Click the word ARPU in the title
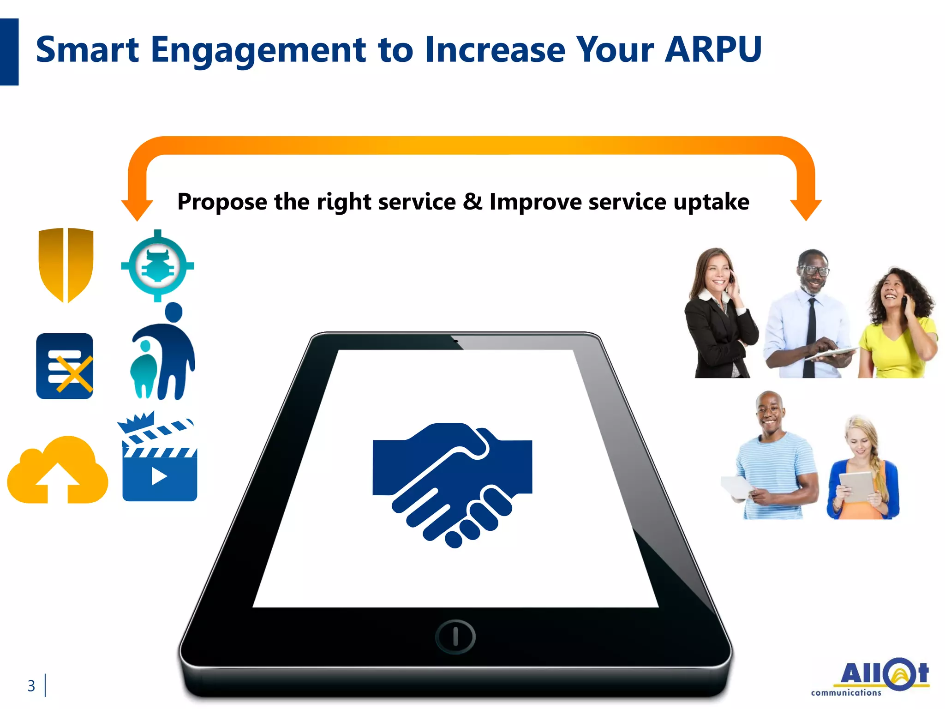(x=713, y=50)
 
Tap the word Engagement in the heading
(x=258, y=51)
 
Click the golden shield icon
(x=66, y=264)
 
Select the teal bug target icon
(x=157, y=266)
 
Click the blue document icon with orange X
(x=65, y=366)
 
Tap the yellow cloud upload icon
(x=58, y=471)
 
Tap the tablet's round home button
(x=455, y=637)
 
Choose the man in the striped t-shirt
(x=773, y=457)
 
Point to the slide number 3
(x=31, y=686)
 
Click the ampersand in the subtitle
(x=472, y=202)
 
